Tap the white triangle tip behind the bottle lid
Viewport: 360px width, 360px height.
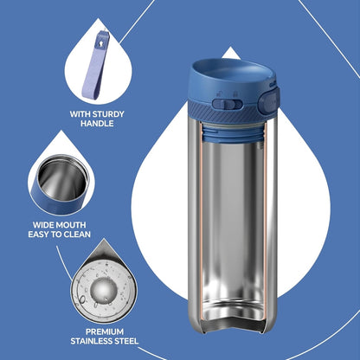point(230,54)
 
